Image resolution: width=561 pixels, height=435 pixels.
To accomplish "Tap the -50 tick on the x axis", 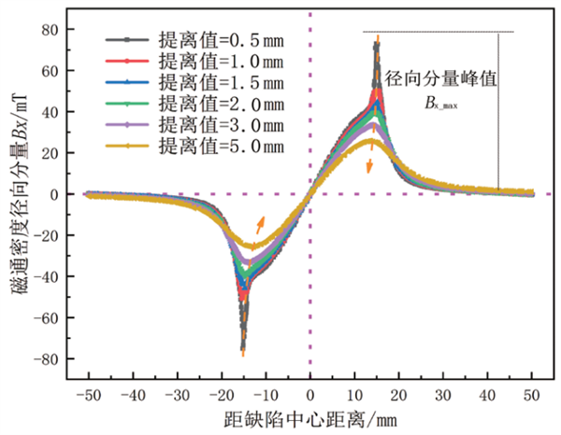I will coord(88,394).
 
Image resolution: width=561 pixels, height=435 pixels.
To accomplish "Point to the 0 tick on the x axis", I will coord(310,394).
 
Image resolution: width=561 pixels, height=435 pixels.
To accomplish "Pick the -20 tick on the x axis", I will coord(221,394).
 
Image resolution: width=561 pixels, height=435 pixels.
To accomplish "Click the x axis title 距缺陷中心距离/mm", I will coord(309,418).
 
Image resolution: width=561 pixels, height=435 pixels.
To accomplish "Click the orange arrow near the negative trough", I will coord(260,224).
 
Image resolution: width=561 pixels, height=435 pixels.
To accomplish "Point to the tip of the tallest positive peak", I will coord(377,38).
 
